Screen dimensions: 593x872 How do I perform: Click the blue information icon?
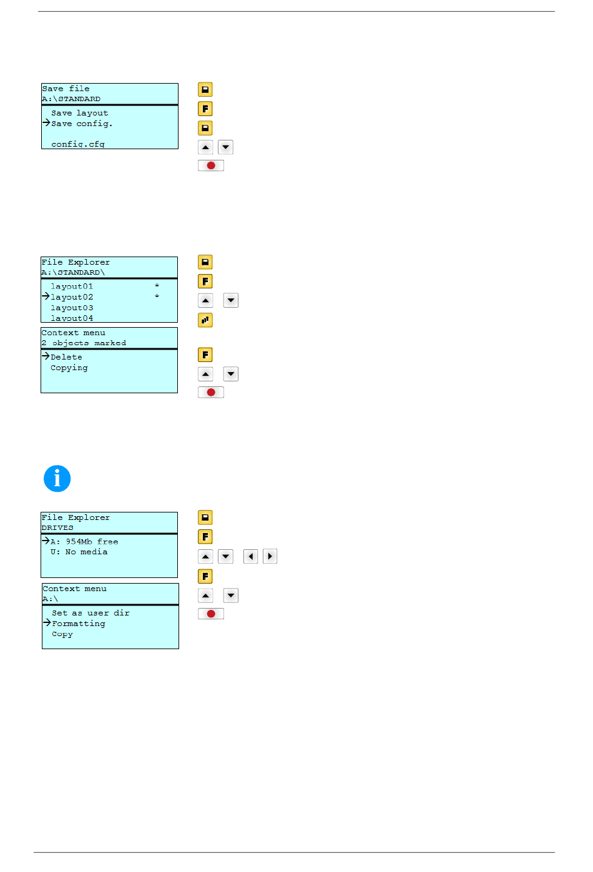point(57,478)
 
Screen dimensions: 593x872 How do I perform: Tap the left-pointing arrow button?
point(250,556)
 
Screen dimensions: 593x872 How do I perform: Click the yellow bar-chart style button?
point(205,320)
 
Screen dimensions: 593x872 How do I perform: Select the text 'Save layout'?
point(80,113)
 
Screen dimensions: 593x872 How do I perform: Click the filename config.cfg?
point(78,144)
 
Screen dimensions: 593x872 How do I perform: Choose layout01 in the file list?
point(72,287)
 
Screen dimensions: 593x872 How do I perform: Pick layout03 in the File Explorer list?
point(72,308)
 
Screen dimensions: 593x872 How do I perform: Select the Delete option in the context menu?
point(66,357)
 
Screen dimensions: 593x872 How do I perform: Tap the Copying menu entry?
point(69,368)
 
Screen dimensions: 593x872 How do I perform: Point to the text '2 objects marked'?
point(84,343)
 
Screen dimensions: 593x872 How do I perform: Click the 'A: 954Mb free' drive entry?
point(84,542)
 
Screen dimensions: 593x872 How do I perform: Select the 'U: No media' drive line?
point(79,552)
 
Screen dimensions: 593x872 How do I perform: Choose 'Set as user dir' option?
point(91,613)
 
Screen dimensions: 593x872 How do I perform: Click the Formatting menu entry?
point(79,624)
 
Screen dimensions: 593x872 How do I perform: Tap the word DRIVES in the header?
point(57,528)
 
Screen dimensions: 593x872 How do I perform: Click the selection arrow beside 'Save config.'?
point(46,123)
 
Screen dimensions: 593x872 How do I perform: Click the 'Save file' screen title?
point(66,89)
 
